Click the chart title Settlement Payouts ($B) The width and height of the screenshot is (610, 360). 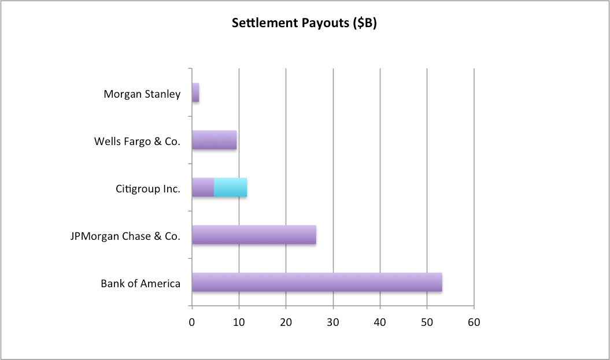(304, 24)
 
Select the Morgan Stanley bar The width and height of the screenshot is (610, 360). (195, 93)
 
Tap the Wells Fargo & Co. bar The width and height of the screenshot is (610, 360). (214, 140)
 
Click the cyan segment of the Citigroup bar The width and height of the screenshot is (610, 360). (231, 188)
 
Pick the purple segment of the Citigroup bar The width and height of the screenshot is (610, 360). (203, 188)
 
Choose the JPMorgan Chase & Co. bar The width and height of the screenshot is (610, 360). (254, 235)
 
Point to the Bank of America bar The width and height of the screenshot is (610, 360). (317, 282)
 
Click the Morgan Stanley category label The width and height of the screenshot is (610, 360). (142, 94)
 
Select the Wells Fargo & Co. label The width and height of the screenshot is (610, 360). (137, 141)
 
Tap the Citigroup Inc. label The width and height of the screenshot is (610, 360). (147, 188)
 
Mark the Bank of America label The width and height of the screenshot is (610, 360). (141, 283)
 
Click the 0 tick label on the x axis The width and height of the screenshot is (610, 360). (192, 322)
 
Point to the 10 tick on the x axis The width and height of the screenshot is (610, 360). (239, 322)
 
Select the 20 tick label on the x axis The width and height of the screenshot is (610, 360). (286, 322)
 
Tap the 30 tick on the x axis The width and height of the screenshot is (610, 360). (333, 322)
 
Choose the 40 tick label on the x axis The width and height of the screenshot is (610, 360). (380, 322)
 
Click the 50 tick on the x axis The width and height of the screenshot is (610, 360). (427, 322)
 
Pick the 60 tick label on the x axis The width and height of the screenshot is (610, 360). (474, 322)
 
